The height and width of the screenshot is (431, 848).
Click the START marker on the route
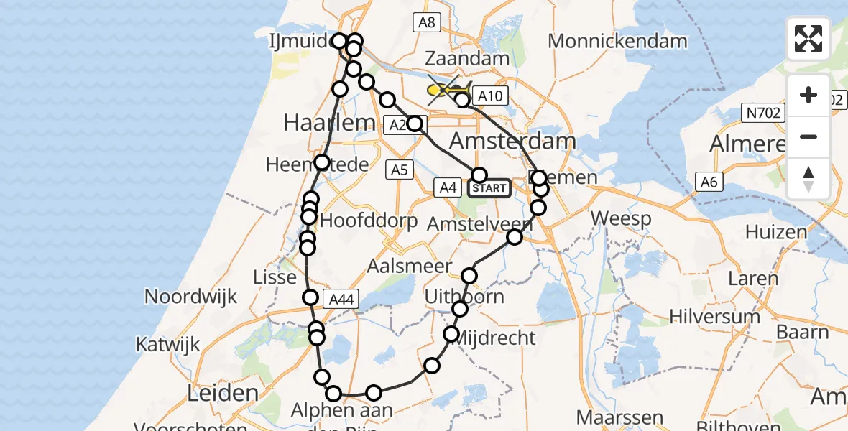point(489,188)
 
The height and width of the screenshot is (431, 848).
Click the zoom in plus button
point(808,95)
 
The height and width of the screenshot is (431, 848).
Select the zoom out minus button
point(808,136)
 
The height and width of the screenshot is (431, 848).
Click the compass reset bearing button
point(808,178)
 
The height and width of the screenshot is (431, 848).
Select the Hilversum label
point(714,316)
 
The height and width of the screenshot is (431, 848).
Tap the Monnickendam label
point(617,41)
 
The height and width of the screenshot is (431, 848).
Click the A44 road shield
point(341,300)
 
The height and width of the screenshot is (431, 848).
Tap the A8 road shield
point(426,22)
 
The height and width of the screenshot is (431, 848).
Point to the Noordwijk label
point(190,297)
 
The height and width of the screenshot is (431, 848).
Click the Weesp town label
point(621,218)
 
